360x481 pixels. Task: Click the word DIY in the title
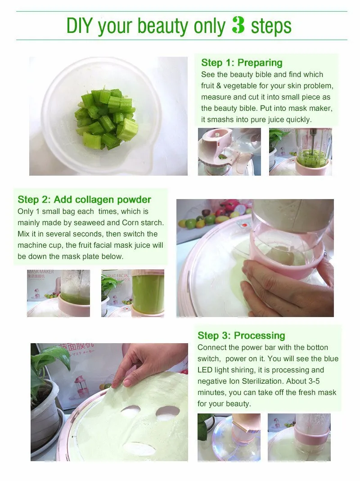click(79, 26)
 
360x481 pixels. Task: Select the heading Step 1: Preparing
click(242, 63)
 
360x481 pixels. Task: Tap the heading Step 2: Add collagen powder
click(84, 200)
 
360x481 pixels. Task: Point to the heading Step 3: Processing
click(241, 336)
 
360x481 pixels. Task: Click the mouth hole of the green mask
click(139, 448)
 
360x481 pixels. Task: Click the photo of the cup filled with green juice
click(133, 293)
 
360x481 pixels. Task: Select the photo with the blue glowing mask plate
click(229, 437)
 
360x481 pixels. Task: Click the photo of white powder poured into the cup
click(58, 293)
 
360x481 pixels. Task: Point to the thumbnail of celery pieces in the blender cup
click(301, 152)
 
